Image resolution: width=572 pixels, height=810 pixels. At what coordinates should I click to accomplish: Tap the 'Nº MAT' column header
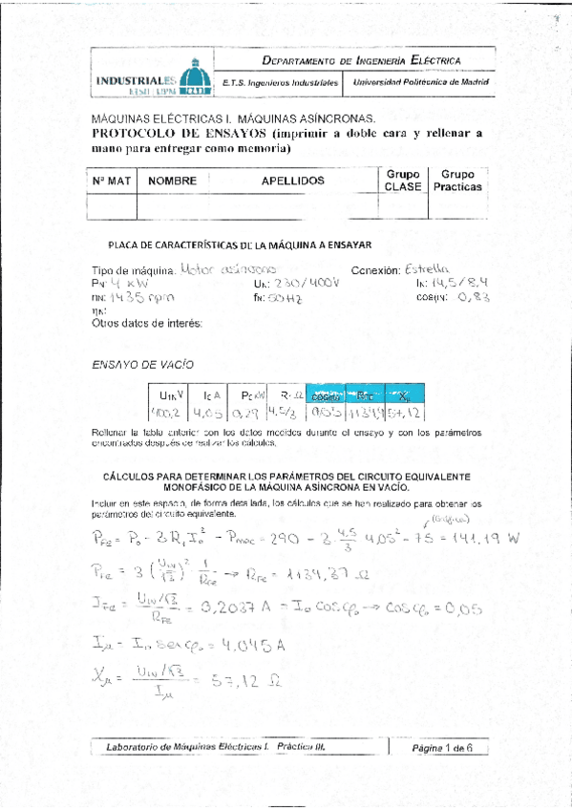pyautogui.click(x=112, y=180)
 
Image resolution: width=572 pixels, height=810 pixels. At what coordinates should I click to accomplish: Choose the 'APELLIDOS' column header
pyautogui.click(x=292, y=180)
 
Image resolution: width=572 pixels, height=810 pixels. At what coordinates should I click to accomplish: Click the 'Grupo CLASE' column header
pyautogui.click(x=402, y=180)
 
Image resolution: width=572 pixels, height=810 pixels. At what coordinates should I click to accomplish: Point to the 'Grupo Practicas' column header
pyautogui.click(x=458, y=180)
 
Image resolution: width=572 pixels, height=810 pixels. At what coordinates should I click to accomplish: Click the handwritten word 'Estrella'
pyautogui.click(x=426, y=268)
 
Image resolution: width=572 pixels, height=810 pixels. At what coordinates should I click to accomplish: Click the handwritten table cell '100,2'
pyautogui.click(x=168, y=413)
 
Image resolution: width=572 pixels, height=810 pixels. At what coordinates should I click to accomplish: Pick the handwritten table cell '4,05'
pyautogui.click(x=207, y=413)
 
